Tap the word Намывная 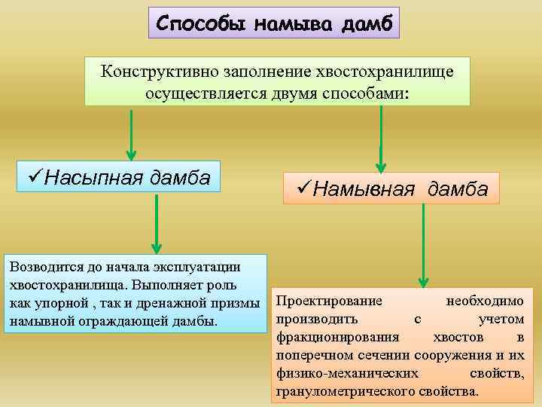364,188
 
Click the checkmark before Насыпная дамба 34,177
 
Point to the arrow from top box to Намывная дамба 382,139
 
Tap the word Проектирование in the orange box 329,301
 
